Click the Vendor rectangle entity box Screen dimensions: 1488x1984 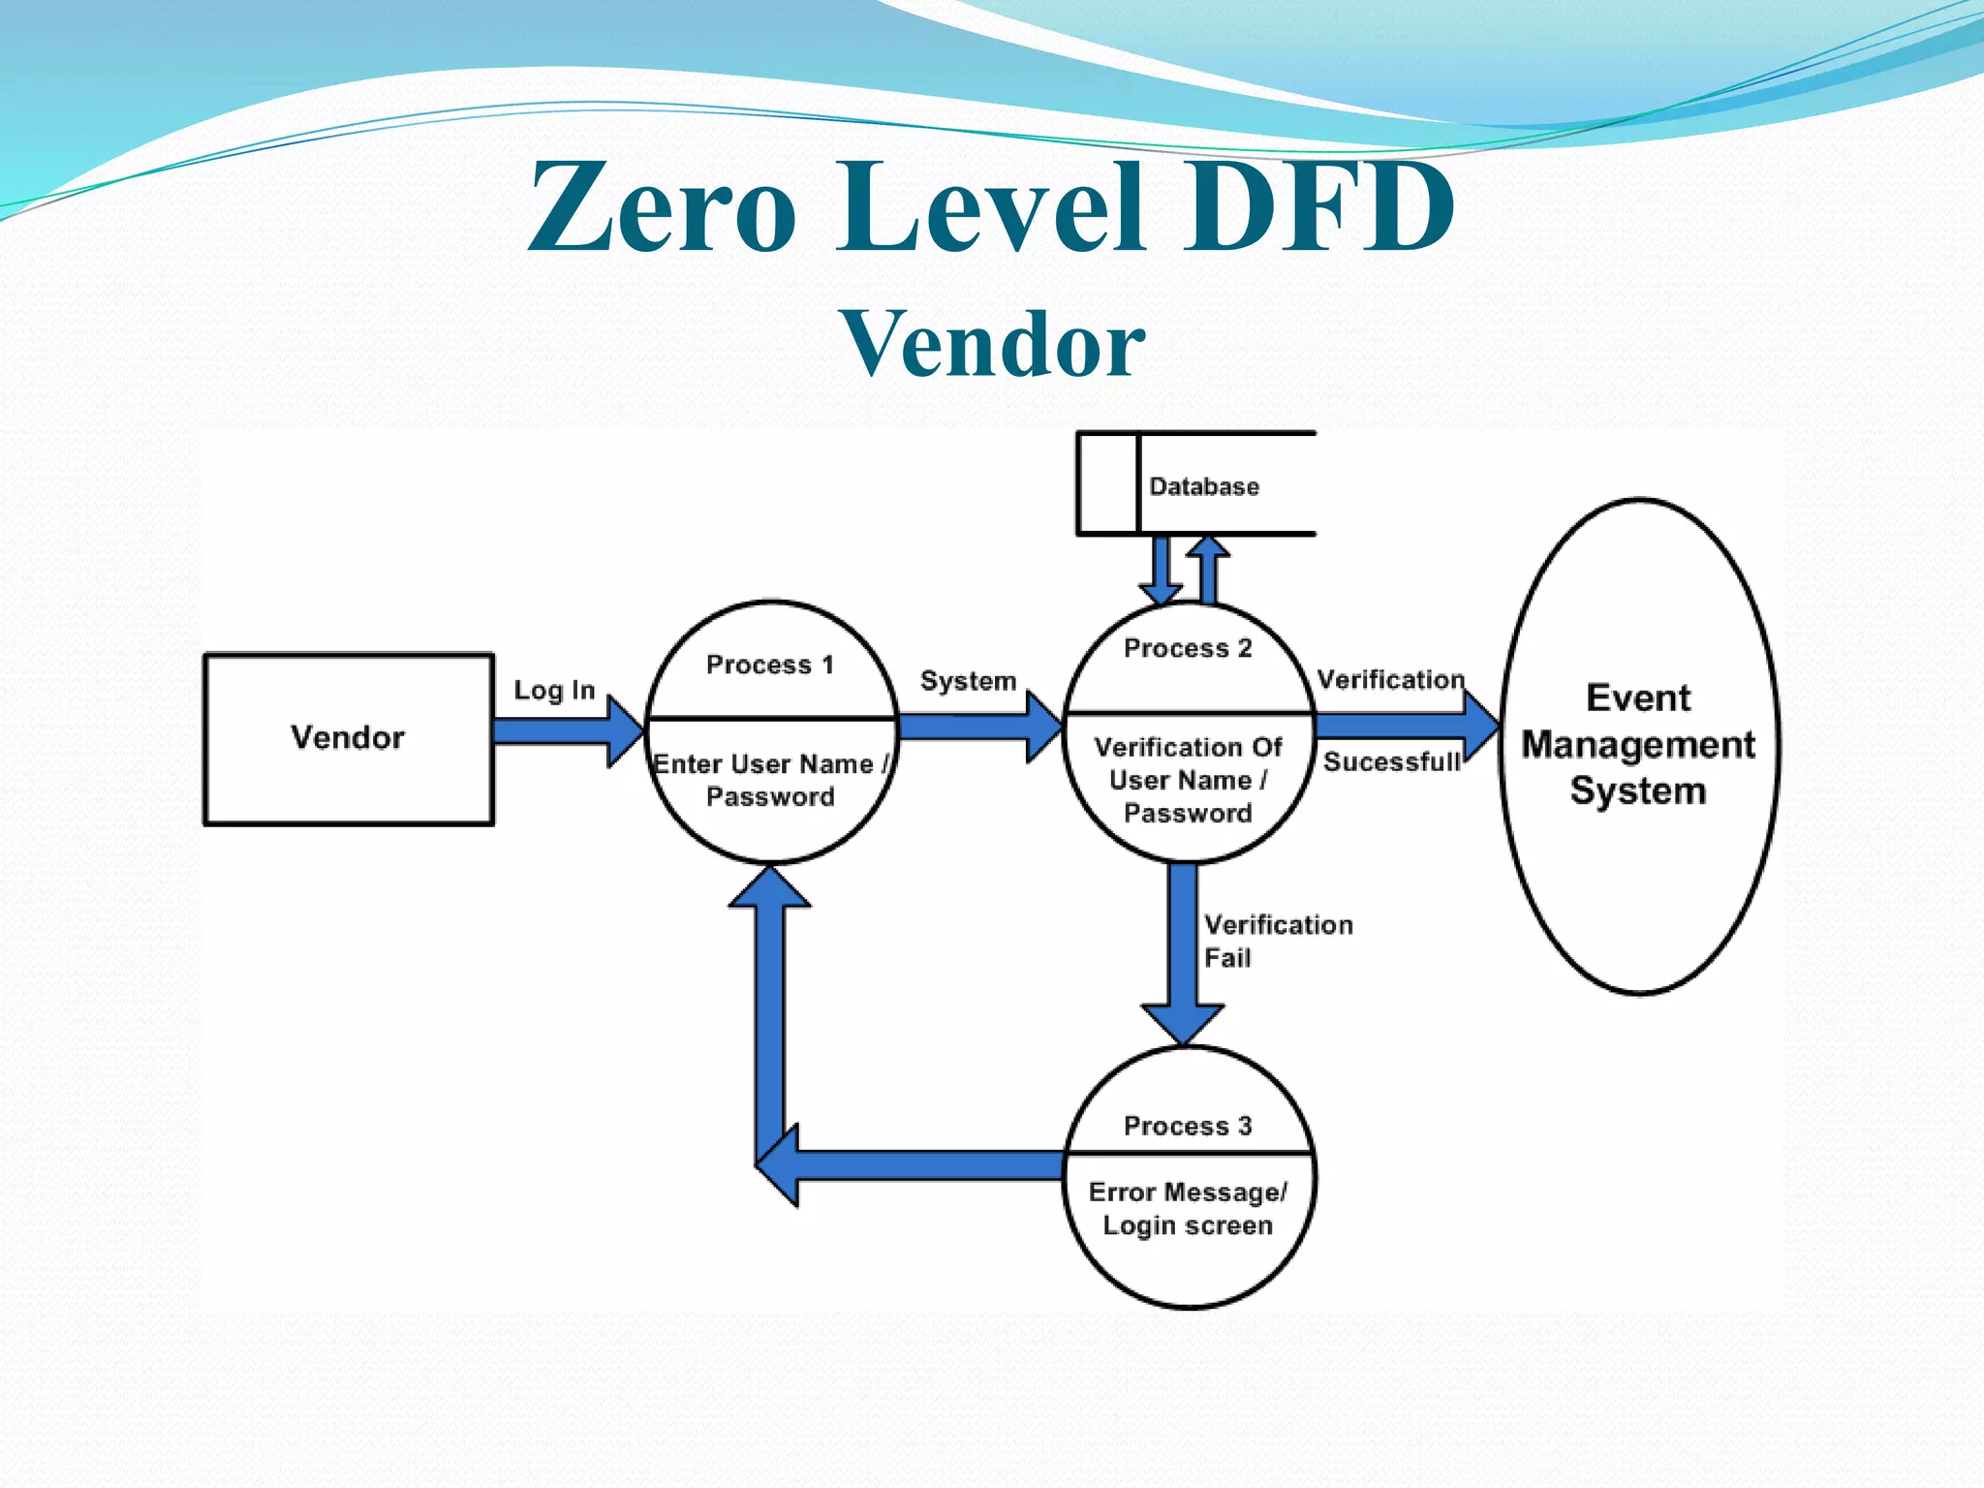coord(348,738)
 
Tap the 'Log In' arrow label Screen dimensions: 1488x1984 coord(554,690)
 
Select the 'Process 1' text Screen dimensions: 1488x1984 coord(770,665)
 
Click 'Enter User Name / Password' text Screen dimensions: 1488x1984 coord(770,780)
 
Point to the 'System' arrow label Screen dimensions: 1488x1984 coord(968,680)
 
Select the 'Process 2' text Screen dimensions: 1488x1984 coord(1188,648)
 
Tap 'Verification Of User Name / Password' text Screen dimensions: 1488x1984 coord(1188,780)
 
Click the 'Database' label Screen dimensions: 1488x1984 coord(1204,486)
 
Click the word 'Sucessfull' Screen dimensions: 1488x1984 coord(1391,762)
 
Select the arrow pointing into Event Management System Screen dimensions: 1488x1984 coord(1405,726)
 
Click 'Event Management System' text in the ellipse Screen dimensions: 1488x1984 coord(1638,744)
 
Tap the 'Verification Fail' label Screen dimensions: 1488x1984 coord(1277,941)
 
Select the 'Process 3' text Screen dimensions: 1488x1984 coord(1188,1126)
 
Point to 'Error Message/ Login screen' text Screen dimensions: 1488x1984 coord(1188,1208)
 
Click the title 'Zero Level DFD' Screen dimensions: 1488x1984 coord(990,207)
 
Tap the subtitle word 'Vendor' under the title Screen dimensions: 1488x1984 coord(992,344)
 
